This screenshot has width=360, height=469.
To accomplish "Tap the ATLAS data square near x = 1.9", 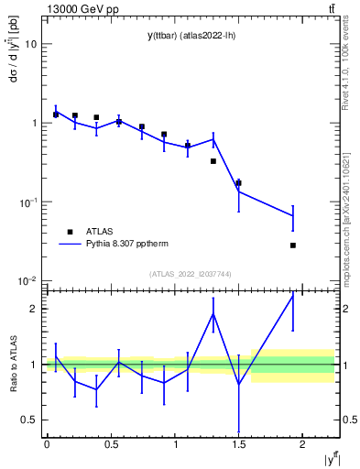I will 293,245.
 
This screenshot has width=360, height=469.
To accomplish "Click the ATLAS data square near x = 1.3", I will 213,161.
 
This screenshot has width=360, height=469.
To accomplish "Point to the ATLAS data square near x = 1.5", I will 238,183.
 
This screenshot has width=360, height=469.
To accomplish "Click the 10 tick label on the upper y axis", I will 31,44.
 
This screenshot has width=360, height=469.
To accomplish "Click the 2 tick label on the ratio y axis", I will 35,309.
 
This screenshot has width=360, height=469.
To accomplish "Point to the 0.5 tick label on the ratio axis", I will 30,420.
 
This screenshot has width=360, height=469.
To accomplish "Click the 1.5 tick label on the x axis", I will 238,443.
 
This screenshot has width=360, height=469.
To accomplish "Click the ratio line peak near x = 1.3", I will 213,314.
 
